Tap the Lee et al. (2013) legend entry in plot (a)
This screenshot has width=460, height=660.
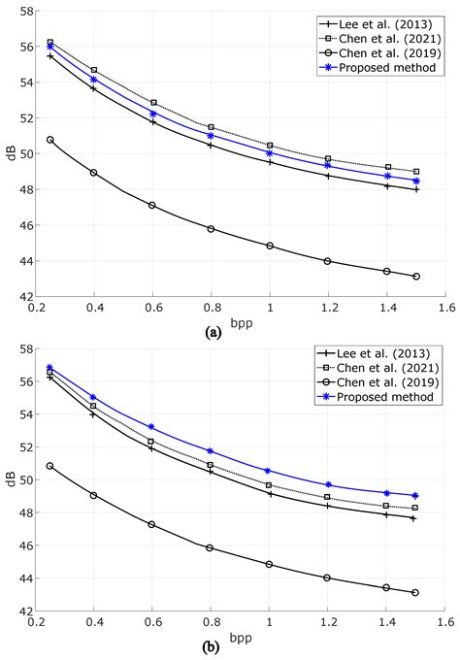[x=386, y=20]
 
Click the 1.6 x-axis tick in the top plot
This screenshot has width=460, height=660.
[x=444, y=308]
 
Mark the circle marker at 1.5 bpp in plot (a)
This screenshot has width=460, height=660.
[x=416, y=277]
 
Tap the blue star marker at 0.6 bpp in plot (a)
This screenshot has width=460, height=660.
[x=152, y=114]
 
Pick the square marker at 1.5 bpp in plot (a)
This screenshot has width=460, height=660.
[x=416, y=172]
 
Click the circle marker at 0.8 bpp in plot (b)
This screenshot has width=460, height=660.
[x=211, y=547]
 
